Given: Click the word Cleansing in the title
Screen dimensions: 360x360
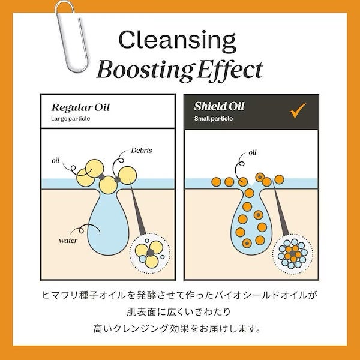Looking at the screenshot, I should pos(177,40).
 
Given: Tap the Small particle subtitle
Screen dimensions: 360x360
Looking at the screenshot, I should pos(213,119).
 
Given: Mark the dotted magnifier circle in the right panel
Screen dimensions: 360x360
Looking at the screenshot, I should pos(292,251).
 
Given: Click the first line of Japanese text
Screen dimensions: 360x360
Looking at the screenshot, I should pos(179,296).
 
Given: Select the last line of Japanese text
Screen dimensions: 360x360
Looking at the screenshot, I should pos(179,329).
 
